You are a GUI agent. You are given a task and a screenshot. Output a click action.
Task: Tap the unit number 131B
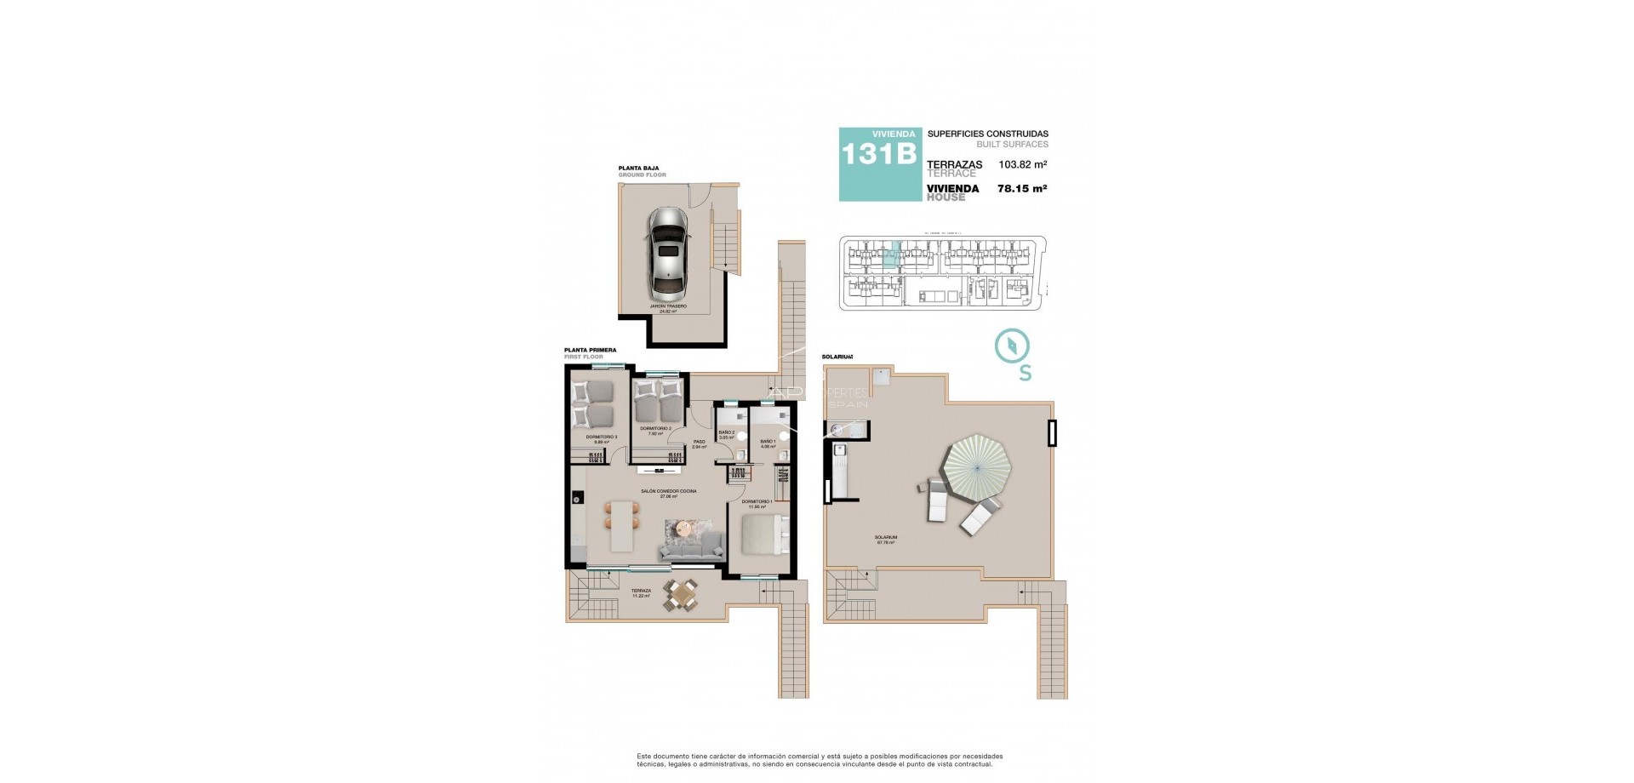point(878,154)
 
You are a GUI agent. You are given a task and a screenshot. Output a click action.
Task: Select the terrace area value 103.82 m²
point(1022,165)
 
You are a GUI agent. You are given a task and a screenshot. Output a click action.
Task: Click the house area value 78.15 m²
point(1021,189)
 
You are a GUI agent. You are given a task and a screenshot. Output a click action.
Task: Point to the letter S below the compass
point(1026,373)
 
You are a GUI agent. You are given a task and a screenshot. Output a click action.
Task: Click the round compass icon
point(1012,346)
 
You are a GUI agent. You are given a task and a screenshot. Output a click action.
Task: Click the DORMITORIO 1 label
point(757,502)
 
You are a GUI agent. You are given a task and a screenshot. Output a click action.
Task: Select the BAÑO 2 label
point(726,433)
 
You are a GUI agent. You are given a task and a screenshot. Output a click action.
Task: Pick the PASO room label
point(699,442)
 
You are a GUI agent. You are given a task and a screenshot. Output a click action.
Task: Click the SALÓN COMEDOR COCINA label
point(668,491)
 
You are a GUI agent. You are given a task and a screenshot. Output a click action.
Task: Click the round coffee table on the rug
point(684,529)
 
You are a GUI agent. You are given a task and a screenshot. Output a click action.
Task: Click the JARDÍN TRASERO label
point(668,306)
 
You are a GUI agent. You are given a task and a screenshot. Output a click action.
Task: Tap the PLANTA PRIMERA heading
point(590,350)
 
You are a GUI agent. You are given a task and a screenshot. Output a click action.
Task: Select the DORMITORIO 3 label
point(601,437)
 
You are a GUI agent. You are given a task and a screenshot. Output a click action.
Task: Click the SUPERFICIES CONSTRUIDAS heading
point(987,134)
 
